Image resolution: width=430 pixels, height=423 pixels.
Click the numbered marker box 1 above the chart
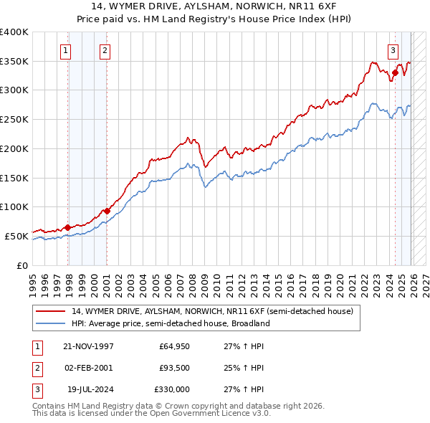pos(65,50)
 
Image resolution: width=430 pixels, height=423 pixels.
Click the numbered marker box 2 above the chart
pos(105,50)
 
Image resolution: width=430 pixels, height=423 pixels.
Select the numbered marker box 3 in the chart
pos(393,50)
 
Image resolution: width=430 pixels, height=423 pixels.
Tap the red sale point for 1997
pos(68,227)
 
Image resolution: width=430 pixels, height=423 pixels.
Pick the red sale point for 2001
pos(107,211)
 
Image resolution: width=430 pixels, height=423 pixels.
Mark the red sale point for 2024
pos(395,72)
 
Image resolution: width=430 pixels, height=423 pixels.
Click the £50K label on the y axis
pos(17,236)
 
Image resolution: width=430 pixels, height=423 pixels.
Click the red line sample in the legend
pos(50,312)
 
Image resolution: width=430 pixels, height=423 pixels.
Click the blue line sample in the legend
pos(50,324)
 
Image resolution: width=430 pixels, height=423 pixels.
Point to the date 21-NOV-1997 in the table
pos(89,346)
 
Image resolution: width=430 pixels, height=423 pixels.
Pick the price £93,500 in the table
pos(174,368)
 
